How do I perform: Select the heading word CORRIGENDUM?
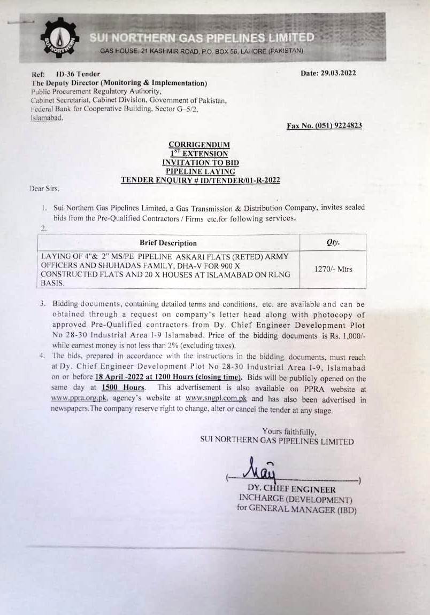(x=199, y=144)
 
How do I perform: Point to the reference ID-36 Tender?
(x=78, y=74)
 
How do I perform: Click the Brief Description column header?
(x=168, y=243)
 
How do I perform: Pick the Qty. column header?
(x=333, y=242)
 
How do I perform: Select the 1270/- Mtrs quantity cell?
(x=333, y=269)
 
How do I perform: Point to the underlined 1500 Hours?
(x=123, y=387)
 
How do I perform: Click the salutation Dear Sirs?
(x=45, y=188)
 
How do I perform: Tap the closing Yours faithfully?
(x=289, y=431)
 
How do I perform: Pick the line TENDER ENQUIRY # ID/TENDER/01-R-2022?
(x=200, y=180)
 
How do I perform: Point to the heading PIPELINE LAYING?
(x=200, y=171)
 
